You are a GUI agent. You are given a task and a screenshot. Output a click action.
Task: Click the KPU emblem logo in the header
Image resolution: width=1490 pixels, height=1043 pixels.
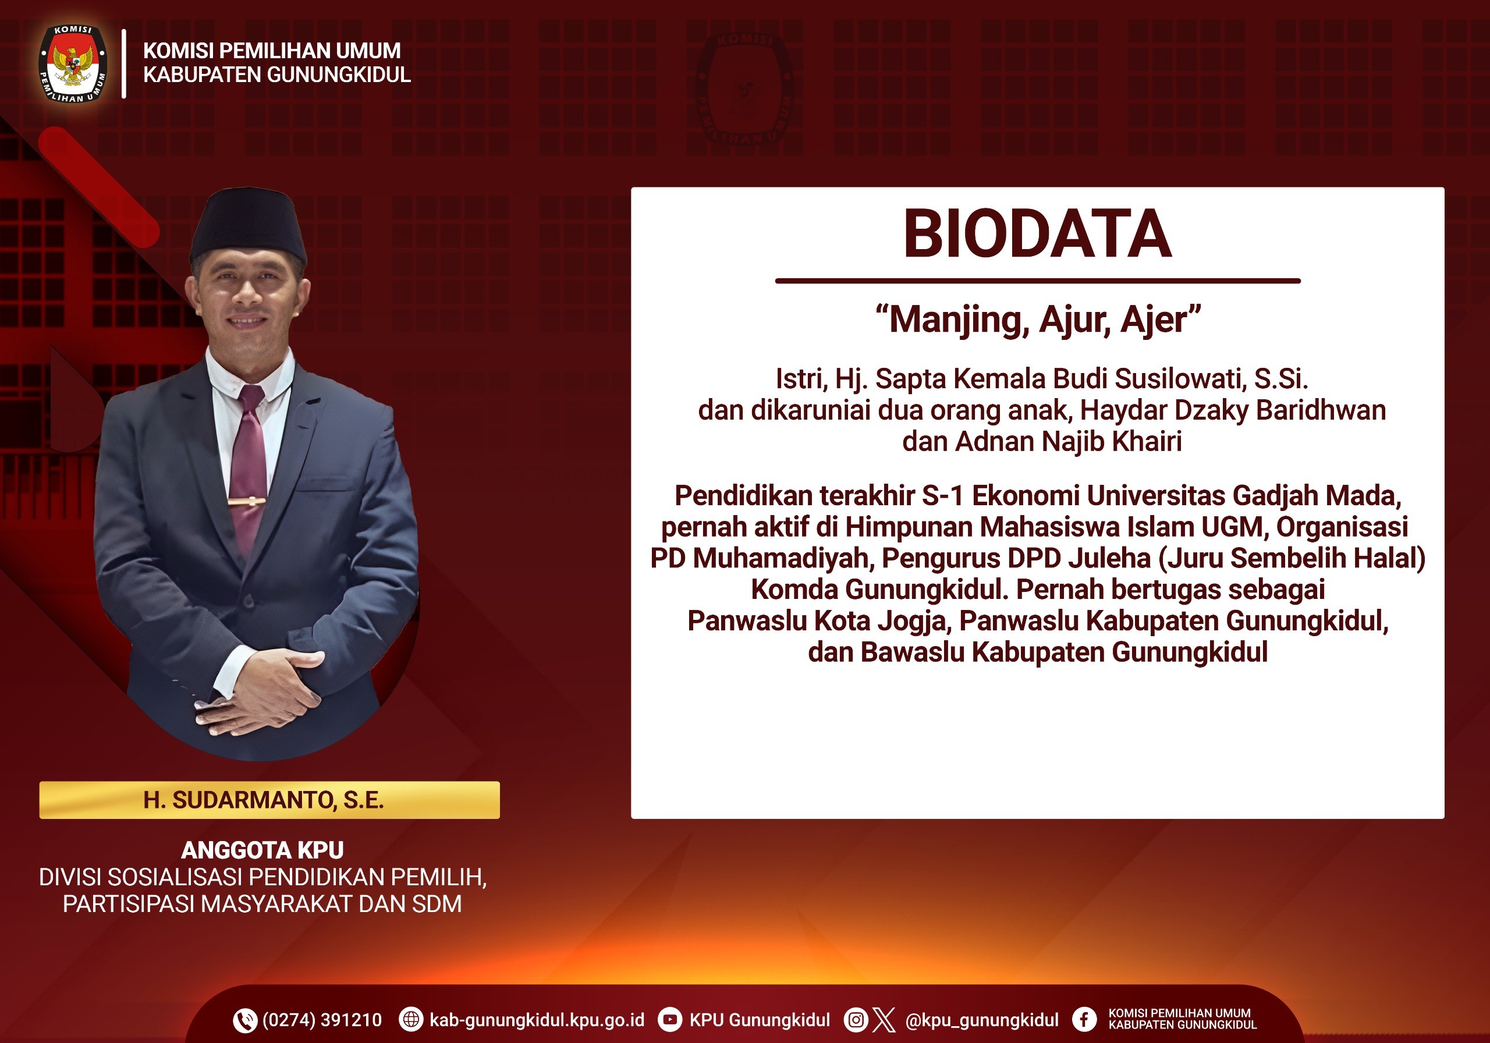click(73, 63)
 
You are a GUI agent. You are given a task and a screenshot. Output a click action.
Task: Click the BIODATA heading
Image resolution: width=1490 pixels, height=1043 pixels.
click(1037, 235)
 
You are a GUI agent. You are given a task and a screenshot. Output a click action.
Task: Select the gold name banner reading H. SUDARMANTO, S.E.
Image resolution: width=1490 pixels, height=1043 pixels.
click(269, 800)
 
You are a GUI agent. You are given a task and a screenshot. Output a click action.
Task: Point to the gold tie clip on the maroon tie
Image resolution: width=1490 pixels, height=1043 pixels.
click(246, 501)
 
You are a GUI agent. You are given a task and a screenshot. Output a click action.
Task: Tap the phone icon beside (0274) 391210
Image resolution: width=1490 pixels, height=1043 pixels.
click(244, 1020)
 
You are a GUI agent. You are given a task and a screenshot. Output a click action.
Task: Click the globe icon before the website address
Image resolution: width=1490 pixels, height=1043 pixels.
click(410, 1020)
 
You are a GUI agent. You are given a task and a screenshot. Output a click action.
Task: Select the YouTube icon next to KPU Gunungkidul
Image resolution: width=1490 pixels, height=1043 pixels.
click(670, 1020)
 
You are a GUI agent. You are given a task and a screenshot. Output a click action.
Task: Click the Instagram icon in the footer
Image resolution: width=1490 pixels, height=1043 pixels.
click(856, 1020)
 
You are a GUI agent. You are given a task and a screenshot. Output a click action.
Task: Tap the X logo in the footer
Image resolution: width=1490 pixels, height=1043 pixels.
click(884, 1020)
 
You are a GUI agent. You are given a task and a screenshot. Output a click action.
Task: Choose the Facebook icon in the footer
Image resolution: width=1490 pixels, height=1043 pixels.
click(1084, 1020)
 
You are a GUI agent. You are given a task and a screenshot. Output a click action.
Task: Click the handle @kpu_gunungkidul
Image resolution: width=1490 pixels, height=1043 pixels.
click(982, 1020)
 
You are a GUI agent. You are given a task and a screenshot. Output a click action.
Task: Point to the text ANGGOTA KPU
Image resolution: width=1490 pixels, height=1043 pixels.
click(262, 850)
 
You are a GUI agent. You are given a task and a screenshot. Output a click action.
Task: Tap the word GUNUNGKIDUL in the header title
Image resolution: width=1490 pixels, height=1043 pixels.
click(339, 75)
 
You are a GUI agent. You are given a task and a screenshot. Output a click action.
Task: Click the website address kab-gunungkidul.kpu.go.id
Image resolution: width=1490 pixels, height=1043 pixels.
click(537, 1020)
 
